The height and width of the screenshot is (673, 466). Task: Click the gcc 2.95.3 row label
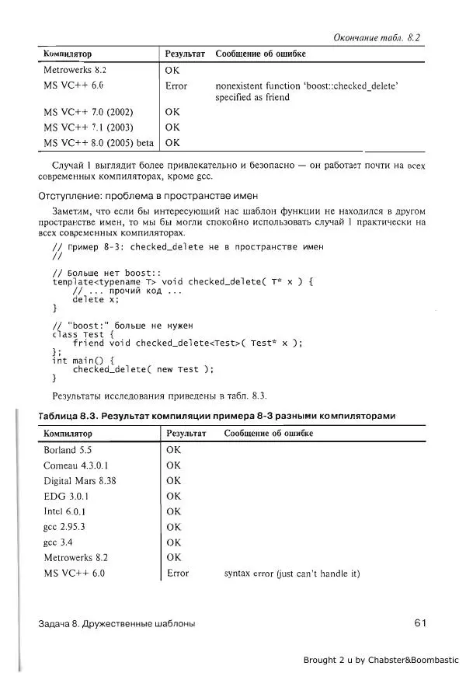[x=64, y=527]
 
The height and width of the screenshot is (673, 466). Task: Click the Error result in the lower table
[x=178, y=574]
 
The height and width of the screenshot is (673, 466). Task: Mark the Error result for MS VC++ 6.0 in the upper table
[x=176, y=85]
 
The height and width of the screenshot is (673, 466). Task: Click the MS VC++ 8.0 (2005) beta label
[x=99, y=142]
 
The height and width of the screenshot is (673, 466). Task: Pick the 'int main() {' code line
[x=83, y=361]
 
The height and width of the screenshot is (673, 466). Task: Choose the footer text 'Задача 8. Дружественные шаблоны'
[x=116, y=623]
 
